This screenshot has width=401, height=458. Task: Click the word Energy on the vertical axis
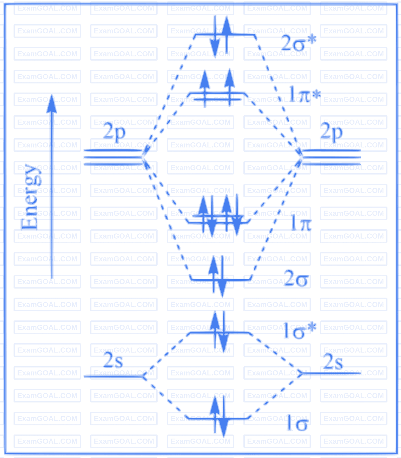[31, 198]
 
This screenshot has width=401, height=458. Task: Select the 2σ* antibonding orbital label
[297, 41]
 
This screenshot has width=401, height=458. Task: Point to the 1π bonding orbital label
[301, 222]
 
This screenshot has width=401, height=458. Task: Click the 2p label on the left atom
[114, 132]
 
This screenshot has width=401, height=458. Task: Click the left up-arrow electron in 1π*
[205, 88]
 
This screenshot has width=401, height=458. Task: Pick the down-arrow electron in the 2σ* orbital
[215, 40]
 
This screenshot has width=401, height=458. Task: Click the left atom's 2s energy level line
[114, 376]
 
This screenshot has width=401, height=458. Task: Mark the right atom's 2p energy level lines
[332, 157]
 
